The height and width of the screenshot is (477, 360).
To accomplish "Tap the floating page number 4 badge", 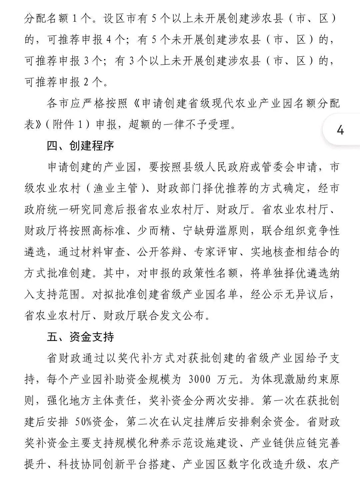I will [x=340, y=130].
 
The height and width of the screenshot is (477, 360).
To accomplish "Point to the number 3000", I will [x=199, y=379].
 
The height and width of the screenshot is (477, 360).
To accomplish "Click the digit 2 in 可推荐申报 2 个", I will [x=86, y=82].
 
